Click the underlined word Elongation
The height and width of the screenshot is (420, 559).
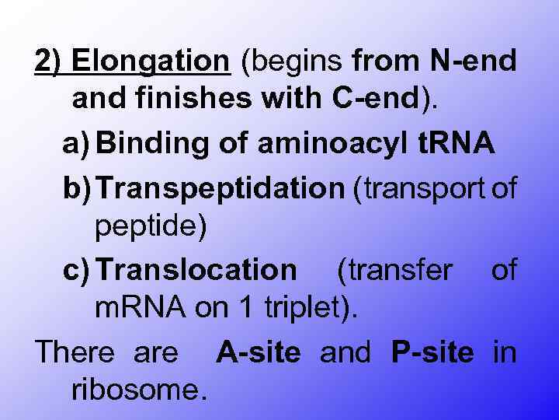click(x=155, y=61)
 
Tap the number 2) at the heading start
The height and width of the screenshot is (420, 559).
click(x=52, y=61)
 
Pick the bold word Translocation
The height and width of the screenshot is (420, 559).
click(x=198, y=270)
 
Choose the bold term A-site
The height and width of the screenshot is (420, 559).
click(x=259, y=352)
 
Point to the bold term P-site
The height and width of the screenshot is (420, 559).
click(x=432, y=352)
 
